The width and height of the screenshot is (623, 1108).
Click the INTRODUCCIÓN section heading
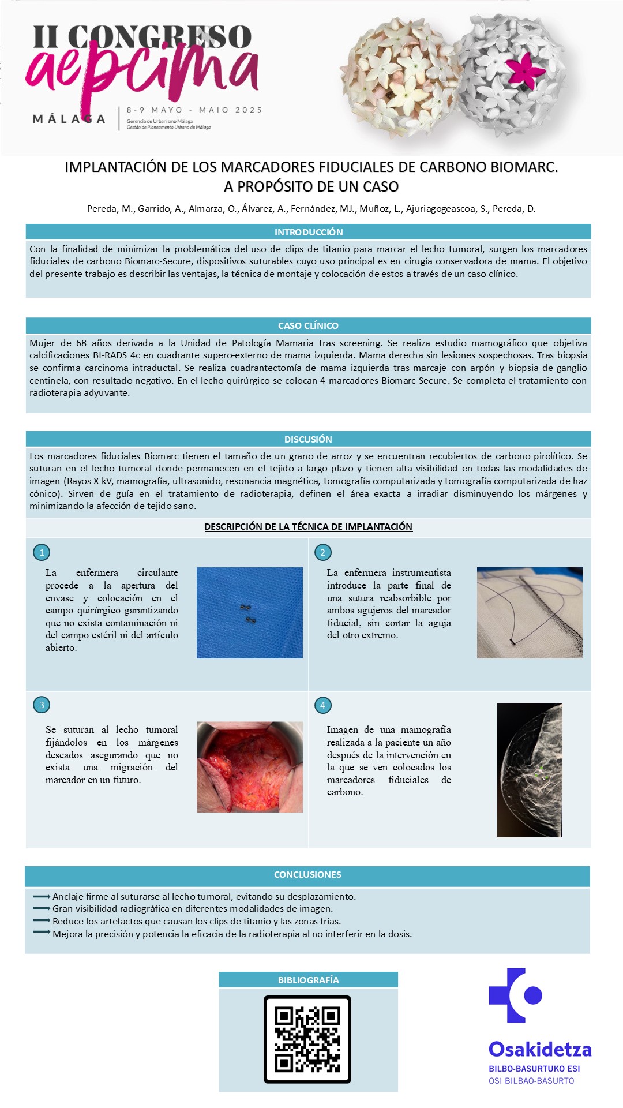pyautogui.click(x=308, y=232)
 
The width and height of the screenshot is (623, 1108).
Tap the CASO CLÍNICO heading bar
pyautogui.click(x=308, y=325)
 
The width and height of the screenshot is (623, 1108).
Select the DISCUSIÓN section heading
pyautogui.click(x=308, y=439)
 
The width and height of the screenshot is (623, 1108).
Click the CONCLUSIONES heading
pyautogui.click(x=307, y=875)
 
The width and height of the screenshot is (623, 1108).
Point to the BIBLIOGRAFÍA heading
pyautogui.click(x=308, y=980)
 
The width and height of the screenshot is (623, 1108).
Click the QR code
pyautogui.click(x=307, y=1039)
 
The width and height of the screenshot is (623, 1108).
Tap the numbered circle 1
pyautogui.click(x=42, y=552)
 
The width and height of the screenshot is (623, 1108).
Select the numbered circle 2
pyautogui.click(x=322, y=552)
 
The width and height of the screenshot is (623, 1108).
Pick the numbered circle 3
pyautogui.click(x=42, y=705)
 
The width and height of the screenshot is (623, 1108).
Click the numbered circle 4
pyautogui.click(x=322, y=705)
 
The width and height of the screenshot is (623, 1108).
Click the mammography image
pyautogui.click(x=530, y=770)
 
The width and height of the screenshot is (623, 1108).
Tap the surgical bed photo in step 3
pyautogui.click(x=250, y=767)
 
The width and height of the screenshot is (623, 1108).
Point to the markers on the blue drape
pyautogui.click(x=247, y=613)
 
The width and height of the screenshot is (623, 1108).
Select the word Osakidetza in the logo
pyautogui.click(x=540, y=1049)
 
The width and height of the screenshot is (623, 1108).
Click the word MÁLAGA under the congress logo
pyautogui.click(x=69, y=119)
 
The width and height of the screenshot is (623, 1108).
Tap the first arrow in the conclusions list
pyautogui.click(x=42, y=896)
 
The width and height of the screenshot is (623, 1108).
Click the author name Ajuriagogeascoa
pyautogui.click(x=441, y=209)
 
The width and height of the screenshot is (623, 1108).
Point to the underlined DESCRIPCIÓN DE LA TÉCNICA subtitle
pyautogui.click(x=308, y=526)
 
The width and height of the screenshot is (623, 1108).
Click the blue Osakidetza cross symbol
pyautogui.click(x=515, y=995)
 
